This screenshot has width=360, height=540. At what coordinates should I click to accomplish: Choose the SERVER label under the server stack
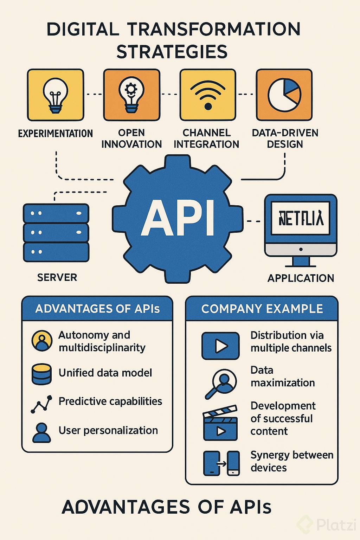coord(57,277)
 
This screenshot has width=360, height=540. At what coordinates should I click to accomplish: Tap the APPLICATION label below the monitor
coord(301,278)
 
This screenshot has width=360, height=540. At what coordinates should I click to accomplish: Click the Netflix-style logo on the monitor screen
coord(301,218)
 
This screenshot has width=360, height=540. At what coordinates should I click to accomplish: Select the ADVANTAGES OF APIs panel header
coord(97,309)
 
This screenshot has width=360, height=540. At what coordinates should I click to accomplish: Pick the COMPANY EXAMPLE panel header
coord(262,309)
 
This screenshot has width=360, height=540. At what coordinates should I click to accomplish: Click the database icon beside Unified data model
coord(41,374)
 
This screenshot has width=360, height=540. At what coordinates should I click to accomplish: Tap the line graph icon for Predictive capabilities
coord(41,404)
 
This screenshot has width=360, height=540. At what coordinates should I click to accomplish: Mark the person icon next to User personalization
coord(41,432)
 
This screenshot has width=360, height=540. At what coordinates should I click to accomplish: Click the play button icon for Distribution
coord(220,346)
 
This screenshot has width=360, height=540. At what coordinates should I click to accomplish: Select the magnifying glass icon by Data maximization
coord(220,383)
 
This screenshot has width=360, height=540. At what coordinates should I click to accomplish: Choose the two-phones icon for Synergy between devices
coord(221,463)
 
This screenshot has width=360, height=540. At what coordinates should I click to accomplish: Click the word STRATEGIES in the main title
coord(172,52)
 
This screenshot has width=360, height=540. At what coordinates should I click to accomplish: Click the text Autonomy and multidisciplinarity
coord(102,341)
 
